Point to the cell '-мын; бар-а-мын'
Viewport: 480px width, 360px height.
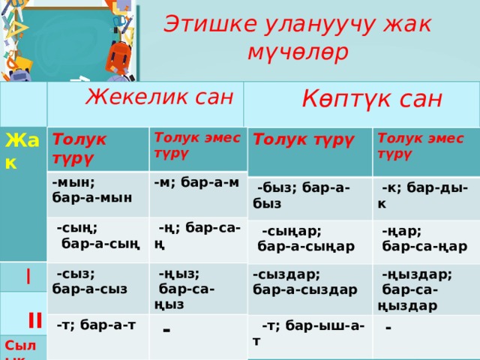pos(91,188)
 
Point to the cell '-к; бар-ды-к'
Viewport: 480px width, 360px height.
pos(423,195)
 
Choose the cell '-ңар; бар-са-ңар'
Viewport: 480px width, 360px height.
pos(424,238)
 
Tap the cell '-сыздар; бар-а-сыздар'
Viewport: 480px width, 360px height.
pos(304,280)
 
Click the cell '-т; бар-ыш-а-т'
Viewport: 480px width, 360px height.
pos(308,331)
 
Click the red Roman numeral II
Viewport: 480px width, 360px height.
pos(34,321)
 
